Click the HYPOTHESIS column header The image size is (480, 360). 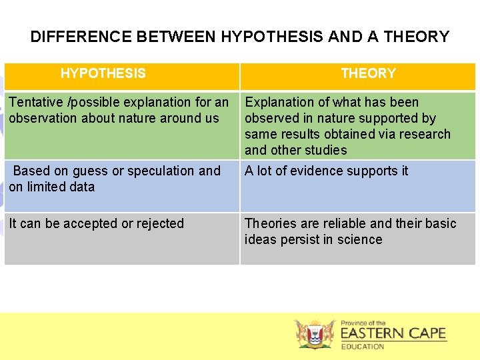(103, 73)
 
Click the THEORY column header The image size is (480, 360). (368, 73)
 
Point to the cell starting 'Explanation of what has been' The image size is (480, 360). (347, 126)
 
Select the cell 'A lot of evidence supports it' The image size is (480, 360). (326, 171)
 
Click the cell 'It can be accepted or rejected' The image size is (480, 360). (97, 223)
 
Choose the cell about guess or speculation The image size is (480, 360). (115, 179)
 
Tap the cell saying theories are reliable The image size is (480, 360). (350, 231)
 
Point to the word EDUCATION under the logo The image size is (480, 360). (363, 347)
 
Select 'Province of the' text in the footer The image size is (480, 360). (363, 323)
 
